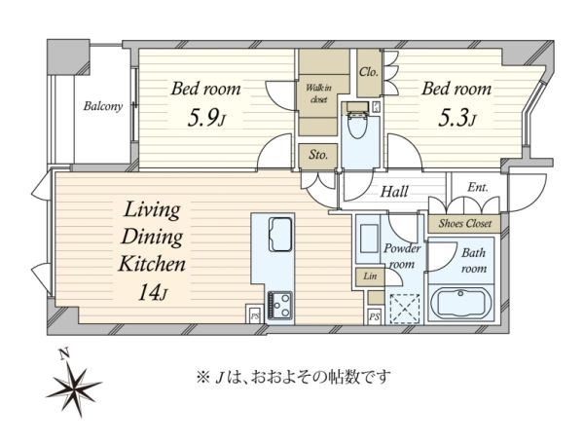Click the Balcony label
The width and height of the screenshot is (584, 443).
tap(103, 106)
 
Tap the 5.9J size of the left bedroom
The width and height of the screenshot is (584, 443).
tap(206, 119)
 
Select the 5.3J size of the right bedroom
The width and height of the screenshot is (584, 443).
tap(457, 119)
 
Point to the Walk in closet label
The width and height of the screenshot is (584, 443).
tap(318, 93)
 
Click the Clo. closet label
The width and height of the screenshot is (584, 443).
tap(369, 72)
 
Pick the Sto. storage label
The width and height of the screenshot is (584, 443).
tap(318, 154)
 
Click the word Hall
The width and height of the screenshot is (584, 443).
tap(394, 192)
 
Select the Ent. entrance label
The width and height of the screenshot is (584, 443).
tap(478, 187)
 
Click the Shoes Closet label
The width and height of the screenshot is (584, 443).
tap(465, 223)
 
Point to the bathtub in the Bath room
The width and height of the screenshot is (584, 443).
tap(460, 303)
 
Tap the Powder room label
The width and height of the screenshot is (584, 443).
tap(402, 256)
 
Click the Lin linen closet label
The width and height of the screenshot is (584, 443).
tap(370, 277)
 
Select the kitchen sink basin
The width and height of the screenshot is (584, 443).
tap(279, 234)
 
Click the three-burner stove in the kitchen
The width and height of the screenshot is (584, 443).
tap(279, 305)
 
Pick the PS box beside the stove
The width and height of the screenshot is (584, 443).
tap(255, 315)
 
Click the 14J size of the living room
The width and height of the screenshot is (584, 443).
tap(153, 292)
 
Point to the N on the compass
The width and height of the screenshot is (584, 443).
tap(65, 354)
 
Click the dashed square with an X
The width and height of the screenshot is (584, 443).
tap(405, 309)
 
